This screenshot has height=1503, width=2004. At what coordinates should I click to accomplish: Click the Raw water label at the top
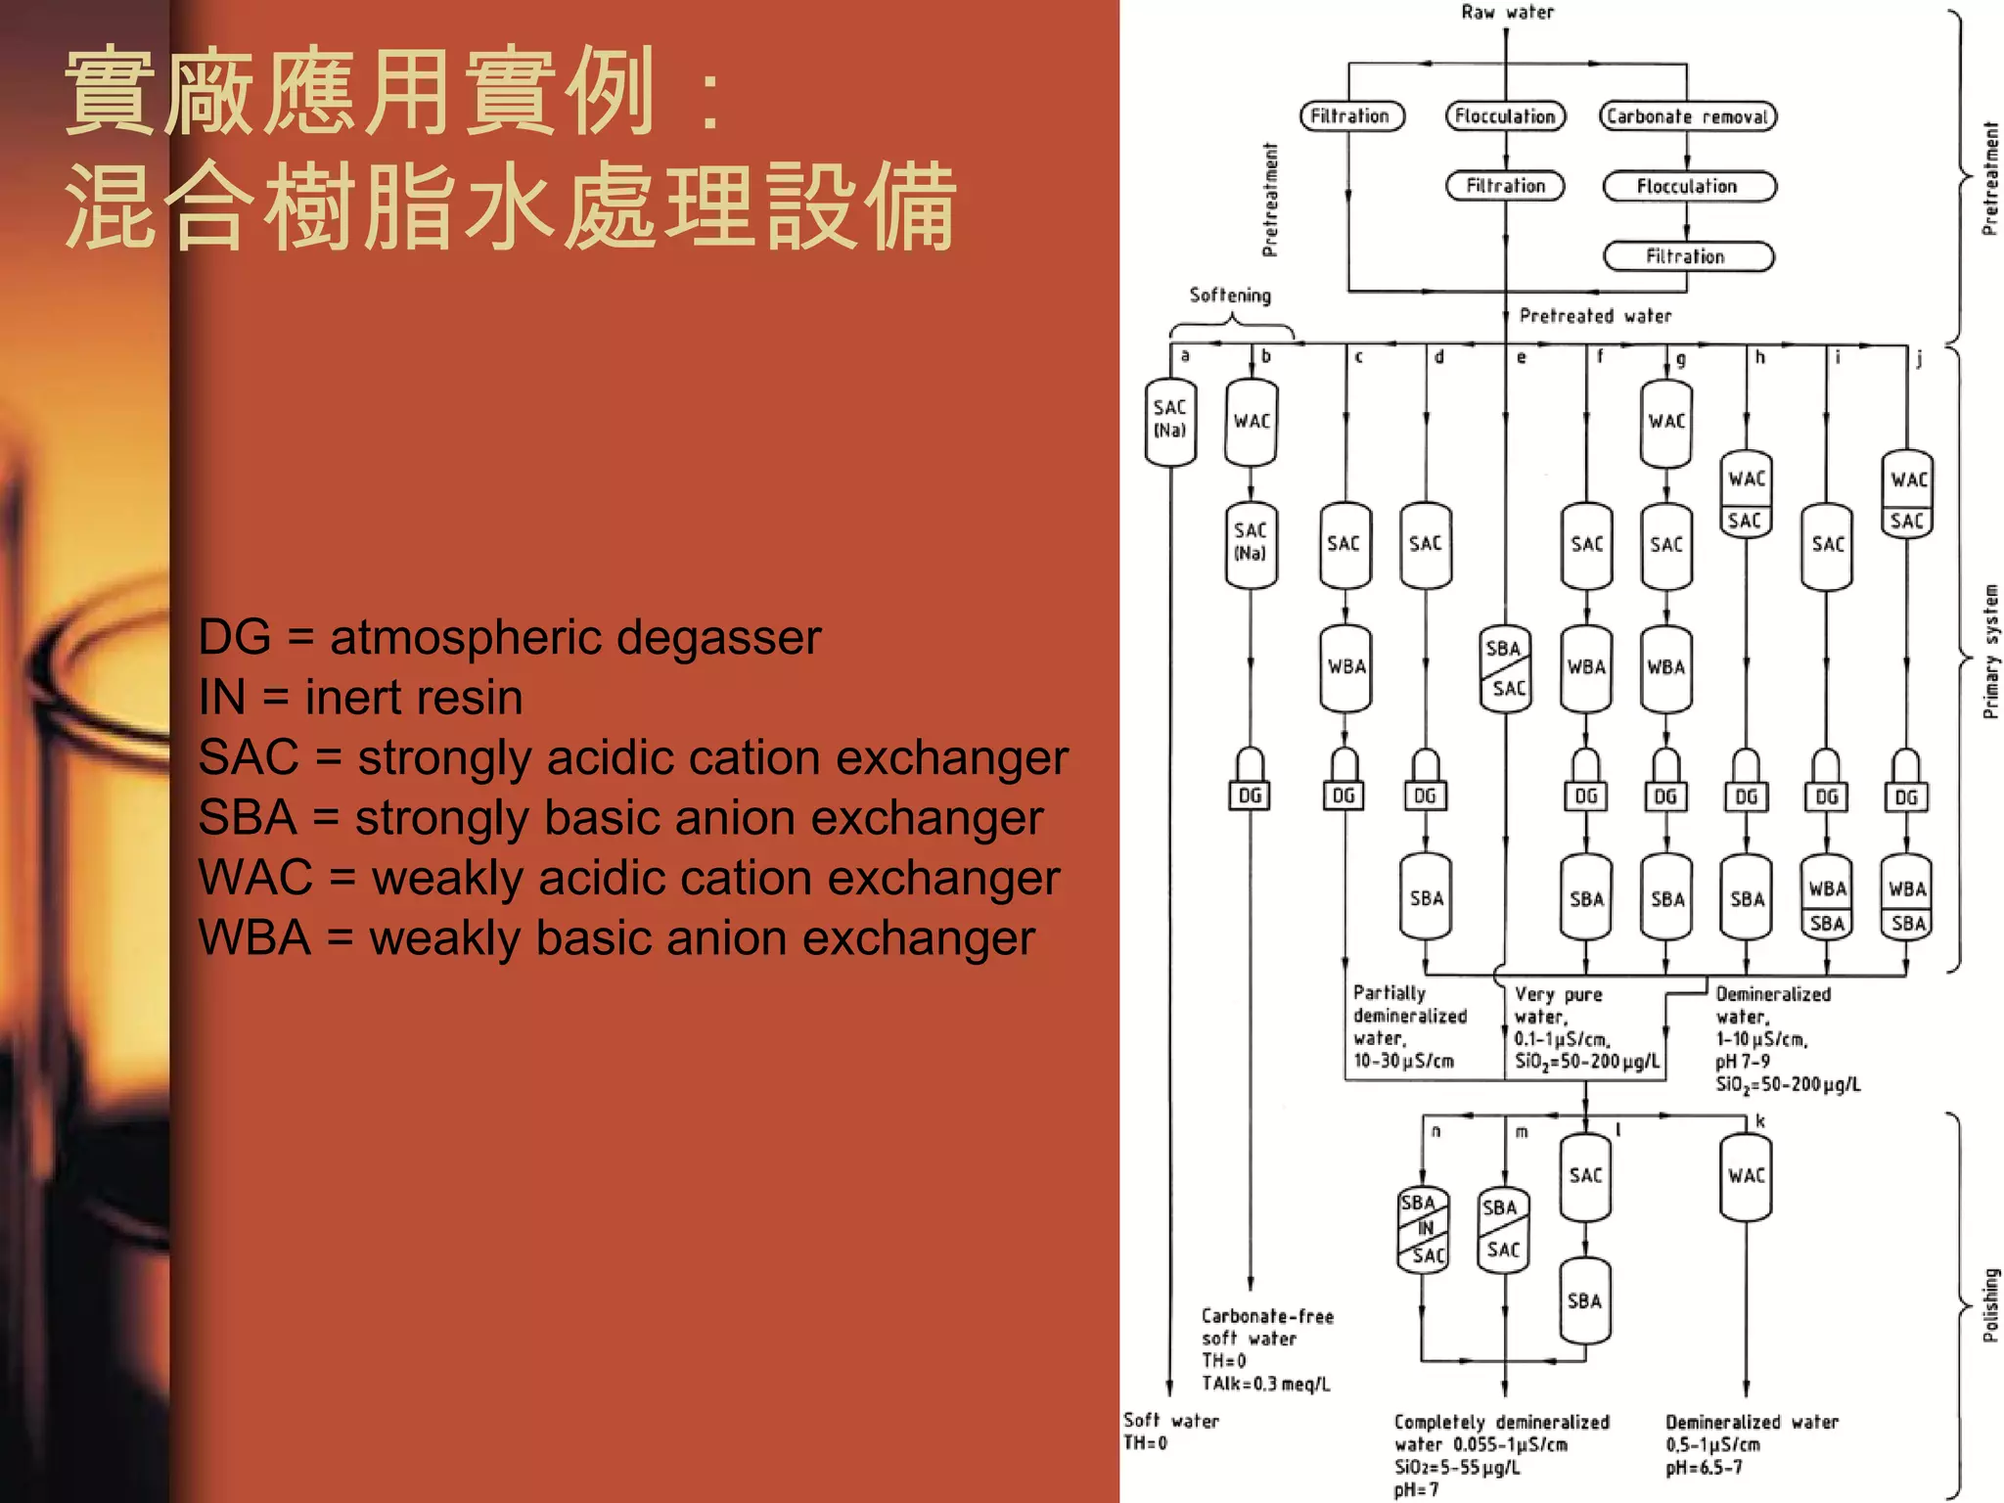pos(1507,13)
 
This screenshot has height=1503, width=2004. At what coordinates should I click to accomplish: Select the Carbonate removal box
pos(1687,116)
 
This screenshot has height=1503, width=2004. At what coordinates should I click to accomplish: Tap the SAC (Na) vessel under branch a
pos(1170,420)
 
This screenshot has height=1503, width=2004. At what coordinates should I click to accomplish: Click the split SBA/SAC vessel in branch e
pos(1505,668)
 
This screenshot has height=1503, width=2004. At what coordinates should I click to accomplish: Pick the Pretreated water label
pos(1595,316)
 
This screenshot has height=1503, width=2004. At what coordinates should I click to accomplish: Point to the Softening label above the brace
pos(1230,296)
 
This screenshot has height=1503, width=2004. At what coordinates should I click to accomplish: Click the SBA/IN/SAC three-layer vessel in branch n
pos(1423,1229)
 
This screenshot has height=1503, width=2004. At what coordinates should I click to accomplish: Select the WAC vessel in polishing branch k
pos(1746,1176)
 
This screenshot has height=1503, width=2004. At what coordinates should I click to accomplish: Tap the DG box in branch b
pos(1250,796)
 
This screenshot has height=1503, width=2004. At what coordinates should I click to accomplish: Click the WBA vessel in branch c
pos(1345,667)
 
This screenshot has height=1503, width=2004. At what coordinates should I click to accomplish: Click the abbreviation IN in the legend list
pos(222,698)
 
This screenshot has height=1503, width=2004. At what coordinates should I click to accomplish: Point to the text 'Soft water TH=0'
pos(1170,1431)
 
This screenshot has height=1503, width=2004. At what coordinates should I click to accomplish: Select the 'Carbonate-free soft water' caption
pos(1266,1327)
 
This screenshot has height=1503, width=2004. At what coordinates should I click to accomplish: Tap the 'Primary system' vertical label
pos(1990,652)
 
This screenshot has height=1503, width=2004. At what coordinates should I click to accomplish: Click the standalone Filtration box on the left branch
pos(1351,116)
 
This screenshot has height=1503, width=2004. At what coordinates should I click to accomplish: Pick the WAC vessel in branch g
pos(1665,422)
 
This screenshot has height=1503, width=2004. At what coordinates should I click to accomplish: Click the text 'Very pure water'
pos(1558,1005)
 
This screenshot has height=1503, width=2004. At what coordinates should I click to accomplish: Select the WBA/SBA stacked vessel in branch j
pos(1906,905)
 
